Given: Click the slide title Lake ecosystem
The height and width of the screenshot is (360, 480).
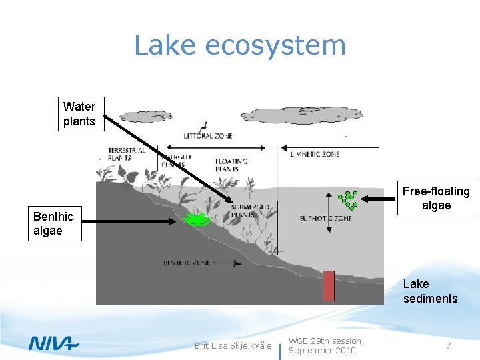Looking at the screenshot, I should click(240, 45).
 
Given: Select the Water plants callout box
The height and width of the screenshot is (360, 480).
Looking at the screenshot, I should click(79, 114).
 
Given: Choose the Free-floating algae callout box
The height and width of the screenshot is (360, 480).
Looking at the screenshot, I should click(436, 199).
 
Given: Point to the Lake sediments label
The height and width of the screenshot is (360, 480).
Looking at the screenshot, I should click(430, 291).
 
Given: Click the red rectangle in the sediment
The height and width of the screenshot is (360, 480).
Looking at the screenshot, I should click(328, 285).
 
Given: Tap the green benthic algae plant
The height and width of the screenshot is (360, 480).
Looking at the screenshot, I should click(196, 219).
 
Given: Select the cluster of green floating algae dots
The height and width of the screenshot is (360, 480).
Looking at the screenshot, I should click(348, 199).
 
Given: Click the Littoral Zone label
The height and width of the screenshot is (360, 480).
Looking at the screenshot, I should click(208, 136).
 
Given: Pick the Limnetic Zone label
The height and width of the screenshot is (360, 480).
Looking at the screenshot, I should click(315, 154).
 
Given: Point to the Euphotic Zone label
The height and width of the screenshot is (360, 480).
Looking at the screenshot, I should click(326, 217).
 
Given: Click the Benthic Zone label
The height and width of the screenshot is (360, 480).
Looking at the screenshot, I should click(187, 263).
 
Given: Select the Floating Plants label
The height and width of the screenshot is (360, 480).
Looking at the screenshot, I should click(231, 165).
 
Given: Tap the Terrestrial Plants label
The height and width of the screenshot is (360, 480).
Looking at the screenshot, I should click(127, 154).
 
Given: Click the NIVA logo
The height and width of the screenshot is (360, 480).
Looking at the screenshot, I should click(53, 343).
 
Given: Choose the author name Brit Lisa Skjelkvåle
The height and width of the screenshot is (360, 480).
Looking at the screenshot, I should click(233, 345).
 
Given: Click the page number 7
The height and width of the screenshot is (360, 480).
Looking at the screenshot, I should click(449, 345).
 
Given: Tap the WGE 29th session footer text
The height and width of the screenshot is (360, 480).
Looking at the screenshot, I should click(326, 345).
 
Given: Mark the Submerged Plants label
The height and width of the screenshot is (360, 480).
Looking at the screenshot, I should click(250, 211).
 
